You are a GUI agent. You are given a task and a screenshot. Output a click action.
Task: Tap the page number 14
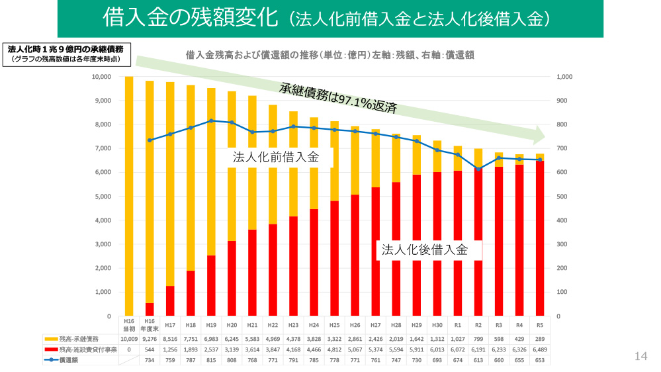click(640, 356)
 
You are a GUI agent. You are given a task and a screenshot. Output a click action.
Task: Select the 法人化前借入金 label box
click(276, 158)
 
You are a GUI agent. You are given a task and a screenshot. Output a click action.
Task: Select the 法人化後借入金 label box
click(424, 250)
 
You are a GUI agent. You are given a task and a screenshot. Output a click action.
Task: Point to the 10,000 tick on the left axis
click(101, 77)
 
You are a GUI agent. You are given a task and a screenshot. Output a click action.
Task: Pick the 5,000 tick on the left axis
click(103, 197)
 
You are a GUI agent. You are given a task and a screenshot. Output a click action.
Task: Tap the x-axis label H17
click(170, 325)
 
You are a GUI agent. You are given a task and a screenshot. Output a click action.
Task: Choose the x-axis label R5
click(539, 325)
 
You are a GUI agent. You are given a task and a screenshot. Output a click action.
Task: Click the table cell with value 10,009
click(129, 338)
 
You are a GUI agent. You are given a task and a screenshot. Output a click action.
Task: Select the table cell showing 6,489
click(539, 349)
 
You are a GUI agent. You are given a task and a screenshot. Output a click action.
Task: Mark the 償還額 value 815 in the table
click(211, 361)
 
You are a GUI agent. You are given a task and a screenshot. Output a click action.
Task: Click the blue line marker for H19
click(211, 121)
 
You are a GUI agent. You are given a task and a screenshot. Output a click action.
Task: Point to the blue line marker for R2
click(478, 169)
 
